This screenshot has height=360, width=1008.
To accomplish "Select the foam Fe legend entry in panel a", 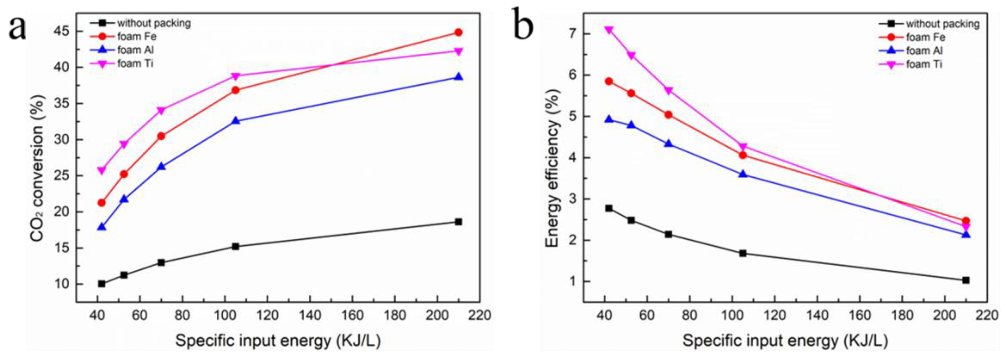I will (x=137, y=37).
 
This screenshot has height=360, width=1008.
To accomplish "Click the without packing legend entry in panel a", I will (x=154, y=23).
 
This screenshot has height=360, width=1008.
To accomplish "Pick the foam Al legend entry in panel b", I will (x=924, y=51).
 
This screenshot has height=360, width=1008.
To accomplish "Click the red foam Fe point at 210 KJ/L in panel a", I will (x=458, y=32).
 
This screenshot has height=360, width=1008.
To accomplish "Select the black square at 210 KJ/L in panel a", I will (x=458, y=222).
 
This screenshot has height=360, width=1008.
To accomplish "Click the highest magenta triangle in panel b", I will (x=609, y=30).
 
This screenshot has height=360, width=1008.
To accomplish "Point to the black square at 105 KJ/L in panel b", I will (x=743, y=254).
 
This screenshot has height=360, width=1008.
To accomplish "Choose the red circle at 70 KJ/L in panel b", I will (x=668, y=115).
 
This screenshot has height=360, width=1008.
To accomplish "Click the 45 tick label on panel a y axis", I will (x=63, y=31).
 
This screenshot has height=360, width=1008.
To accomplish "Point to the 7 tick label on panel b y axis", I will (x=573, y=34).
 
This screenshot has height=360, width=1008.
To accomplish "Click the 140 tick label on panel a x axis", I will (x=310, y=315).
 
